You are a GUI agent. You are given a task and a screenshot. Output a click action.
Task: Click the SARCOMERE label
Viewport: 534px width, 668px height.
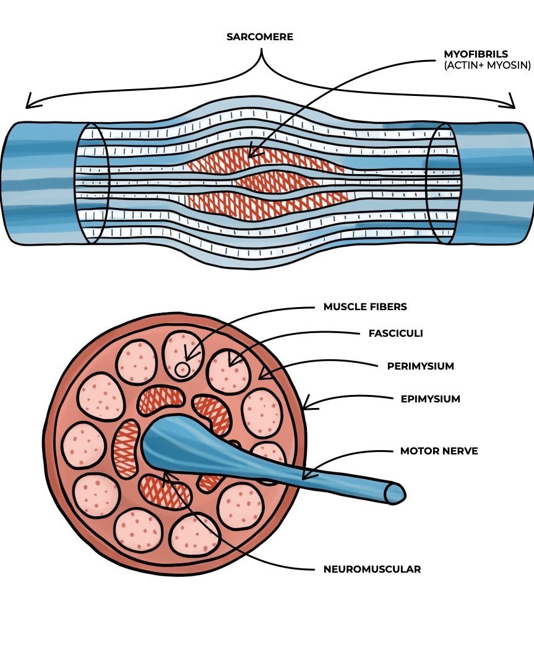(260, 37)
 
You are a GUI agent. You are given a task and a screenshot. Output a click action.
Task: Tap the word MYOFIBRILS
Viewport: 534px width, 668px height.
(476, 54)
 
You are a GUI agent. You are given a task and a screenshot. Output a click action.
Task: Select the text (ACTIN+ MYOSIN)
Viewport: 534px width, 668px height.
(487, 65)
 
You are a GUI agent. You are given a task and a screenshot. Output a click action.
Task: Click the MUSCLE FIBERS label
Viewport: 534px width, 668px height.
(365, 306)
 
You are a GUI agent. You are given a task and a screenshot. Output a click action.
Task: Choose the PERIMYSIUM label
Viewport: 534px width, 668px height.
(420, 366)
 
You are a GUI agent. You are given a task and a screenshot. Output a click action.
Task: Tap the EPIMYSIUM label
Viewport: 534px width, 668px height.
(430, 399)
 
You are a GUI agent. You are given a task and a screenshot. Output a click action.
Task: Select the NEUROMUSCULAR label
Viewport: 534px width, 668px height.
(372, 569)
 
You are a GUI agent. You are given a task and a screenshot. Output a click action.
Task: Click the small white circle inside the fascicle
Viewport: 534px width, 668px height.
(182, 370)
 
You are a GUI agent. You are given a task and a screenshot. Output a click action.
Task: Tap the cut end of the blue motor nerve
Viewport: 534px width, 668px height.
(395, 492)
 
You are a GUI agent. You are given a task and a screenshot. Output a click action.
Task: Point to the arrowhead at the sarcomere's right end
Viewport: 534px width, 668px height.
(511, 101)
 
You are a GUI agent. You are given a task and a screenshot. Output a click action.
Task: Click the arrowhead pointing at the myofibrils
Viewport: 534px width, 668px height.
(252, 153)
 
